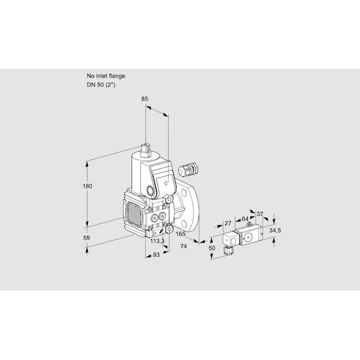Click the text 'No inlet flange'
(106, 76)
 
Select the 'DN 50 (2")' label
(101, 85)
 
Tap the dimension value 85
(145, 99)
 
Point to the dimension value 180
(88, 186)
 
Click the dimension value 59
(86, 238)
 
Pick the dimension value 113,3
(157, 241)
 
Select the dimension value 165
(181, 234)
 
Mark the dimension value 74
(184, 247)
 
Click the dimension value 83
(156, 254)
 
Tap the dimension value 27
(228, 223)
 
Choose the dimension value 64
(245, 219)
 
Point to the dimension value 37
(259, 214)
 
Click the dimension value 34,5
(275, 230)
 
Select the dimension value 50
(212, 248)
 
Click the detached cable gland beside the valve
(188, 169)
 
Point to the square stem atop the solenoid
(145, 150)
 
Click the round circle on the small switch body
(248, 237)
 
